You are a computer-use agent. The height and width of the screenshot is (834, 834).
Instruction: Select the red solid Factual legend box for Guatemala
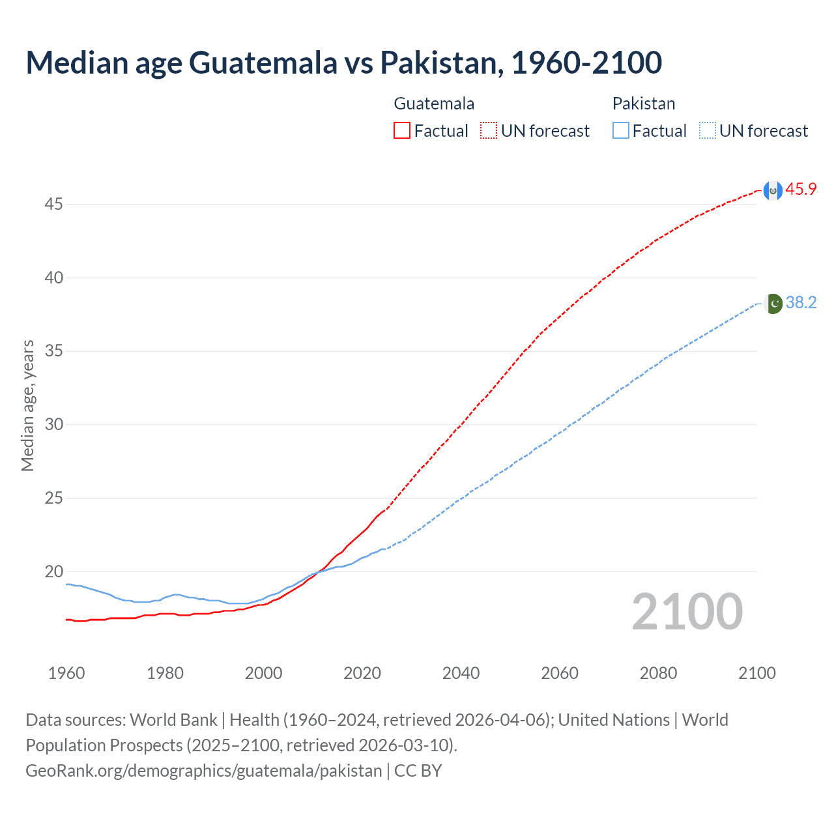pyautogui.click(x=402, y=131)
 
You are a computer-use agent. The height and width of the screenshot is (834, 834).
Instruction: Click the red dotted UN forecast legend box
pyautogui.click(x=489, y=131)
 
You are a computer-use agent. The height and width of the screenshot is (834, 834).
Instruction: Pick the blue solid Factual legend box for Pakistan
pyautogui.click(x=621, y=131)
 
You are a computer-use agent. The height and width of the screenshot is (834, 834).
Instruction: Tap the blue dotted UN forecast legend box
pyautogui.click(x=708, y=131)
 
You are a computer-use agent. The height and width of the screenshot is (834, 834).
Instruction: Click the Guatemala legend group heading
pyautogui.click(x=434, y=104)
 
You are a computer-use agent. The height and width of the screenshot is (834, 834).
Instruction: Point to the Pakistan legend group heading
pyautogui.click(x=644, y=104)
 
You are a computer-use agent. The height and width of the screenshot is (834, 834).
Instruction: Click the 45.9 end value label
pyautogui.click(x=801, y=190)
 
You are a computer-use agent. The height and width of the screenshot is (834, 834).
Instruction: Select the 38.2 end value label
pyautogui.click(x=801, y=303)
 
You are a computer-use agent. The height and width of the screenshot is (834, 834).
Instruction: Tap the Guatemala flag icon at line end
pyautogui.click(x=773, y=190)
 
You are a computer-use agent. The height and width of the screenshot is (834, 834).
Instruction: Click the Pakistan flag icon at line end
pyautogui.click(x=773, y=304)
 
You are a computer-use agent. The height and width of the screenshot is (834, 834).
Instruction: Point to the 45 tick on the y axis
pyautogui.click(x=53, y=205)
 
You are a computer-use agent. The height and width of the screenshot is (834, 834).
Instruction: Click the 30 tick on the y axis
pyautogui.click(x=53, y=425)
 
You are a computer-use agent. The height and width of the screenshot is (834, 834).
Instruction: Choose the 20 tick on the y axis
pyautogui.click(x=53, y=572)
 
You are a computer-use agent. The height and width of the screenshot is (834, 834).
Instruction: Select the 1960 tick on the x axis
pyautogui.click(x=66, y=673)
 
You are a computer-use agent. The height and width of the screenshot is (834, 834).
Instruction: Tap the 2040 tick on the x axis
pyautogui.click(x=461, y=673)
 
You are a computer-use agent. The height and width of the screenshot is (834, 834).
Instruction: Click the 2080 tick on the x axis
pyautogui.click(x=658, y=673)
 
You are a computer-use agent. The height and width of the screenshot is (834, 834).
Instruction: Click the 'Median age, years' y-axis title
pyautogui.click(x=27, y=405)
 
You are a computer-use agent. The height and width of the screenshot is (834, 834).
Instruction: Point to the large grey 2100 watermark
pyautogui.click(x=687, y=612)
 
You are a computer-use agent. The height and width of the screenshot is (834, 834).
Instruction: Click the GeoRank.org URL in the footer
pyautogui.click(x=203, y=771)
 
